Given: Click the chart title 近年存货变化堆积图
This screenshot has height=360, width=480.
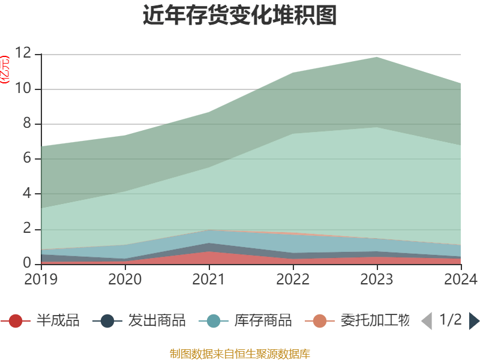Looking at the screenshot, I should (240, 16).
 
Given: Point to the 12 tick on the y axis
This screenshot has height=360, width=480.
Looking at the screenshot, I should (23, 54).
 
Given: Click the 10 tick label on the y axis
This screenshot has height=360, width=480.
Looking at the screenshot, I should (23, 89).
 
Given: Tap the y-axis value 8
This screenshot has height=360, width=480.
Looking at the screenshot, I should (27, 124).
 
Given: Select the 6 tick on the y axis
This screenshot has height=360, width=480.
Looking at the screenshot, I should (27, 159).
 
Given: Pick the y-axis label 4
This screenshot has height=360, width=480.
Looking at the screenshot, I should (27, 194).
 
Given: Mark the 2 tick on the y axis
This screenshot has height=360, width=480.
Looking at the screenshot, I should (27, 229).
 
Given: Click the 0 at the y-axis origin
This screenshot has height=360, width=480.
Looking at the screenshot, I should (27, 263).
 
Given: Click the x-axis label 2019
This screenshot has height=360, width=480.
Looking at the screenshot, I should (41, 279).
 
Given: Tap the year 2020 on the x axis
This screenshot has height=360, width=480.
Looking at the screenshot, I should (125, 279).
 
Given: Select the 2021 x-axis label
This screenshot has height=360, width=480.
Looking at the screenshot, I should (209, 279).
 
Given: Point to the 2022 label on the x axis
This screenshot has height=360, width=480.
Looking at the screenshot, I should (293, 279).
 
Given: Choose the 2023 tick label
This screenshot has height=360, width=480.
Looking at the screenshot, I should (377, 279).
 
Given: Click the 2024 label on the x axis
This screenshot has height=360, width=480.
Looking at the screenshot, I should (461, 279).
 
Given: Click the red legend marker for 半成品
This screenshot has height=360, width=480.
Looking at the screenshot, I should (16, 321).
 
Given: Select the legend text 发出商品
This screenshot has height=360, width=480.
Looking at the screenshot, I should (157, 320).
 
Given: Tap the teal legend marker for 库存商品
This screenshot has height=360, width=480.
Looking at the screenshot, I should (214, 321).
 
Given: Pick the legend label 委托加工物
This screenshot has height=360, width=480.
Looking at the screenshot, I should (375, 320).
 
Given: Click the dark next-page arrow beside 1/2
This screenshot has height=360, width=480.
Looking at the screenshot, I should (474, 321).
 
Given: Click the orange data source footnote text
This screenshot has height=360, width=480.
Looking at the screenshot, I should (240, 353).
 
